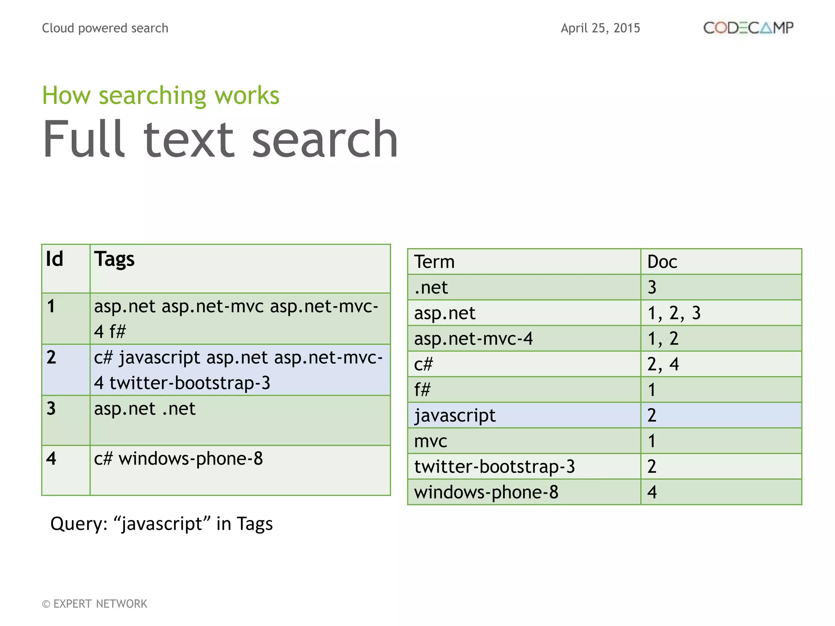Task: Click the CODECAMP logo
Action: pyautogui.click(x=748, y=28)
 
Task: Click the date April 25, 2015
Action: pyautogui.click(x=600, y=28)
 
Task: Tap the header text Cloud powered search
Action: pyautogui.click(x=105, y=28)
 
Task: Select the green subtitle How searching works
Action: pyautogui.click(x=161, y=95)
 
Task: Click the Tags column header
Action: pyautogui.click(x=115, y=259)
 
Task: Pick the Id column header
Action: pyautogui.click(x=55, y=259)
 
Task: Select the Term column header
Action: pyautogui.click(x=434, y=262)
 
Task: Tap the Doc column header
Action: pyautogui.click(x=662, y=262)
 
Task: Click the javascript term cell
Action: pyautogui.click(x=455, y=415)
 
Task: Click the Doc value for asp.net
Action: pyautogui.click(x=674, y=313)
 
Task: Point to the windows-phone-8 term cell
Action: pyautogui.click(x=486, y=492)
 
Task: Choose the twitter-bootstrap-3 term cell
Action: pyautogui.click(x=494, y=466)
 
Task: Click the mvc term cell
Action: pyautogui.click(x=431, y=441)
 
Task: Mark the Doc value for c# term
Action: pyautogui.click(x=663, y=364)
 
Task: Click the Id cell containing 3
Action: pyautogui.click(x=51, y=408)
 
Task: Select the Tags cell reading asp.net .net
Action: pyautogui.click(x=145, y=409)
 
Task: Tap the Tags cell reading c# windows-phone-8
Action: pyautogui.click(x=178, y=459)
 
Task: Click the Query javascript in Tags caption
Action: pyautogui.click(x=161, y=524)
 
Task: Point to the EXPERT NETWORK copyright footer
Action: pyautogui.click(x=95, y=604)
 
